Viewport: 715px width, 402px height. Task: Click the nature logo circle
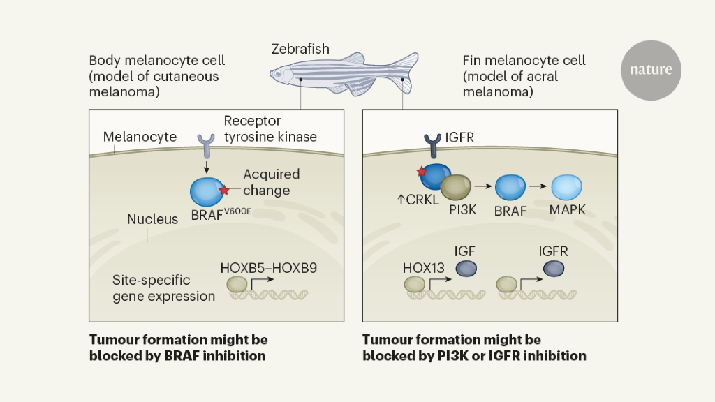(651, 70)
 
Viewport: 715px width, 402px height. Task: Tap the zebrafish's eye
(279, 73)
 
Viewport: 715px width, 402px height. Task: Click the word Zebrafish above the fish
(300, 49)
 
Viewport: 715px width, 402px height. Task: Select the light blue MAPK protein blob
(566, 188)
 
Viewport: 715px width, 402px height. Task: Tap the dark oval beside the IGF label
(466, 269)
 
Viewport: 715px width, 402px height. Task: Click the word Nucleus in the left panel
(152, 219)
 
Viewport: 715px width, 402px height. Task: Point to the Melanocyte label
(140, 137)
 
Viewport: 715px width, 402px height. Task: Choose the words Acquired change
(271, 181)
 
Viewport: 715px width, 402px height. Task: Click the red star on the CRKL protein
(421, 172)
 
